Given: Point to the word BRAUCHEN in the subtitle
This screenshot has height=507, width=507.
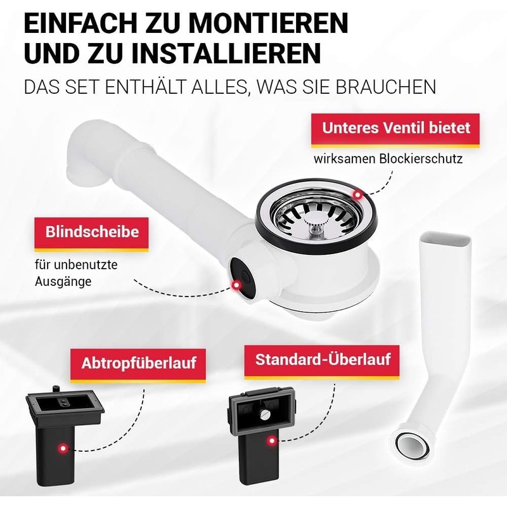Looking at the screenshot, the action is pyautogui.click(x=385, y=87).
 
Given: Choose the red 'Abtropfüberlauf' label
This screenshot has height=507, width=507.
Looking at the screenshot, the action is pyautogui.click(x=138, y=364).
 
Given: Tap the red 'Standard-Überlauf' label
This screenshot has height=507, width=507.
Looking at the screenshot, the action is pyautogui.click(x=322, y=361).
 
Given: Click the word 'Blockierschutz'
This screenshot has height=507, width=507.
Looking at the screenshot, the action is pyautogui.click(x=421, y=159).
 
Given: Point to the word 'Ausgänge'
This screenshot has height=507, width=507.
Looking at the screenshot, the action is pyautogui.click(x=63, y=281).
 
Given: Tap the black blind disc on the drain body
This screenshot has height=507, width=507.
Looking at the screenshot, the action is pyautogui.click(x=243, y=278).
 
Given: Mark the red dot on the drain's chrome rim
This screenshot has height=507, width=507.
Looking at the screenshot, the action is pyautogui.click(x=357, y=195).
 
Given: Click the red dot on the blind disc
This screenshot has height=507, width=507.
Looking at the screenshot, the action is pyautogui.click(x=236, y=286).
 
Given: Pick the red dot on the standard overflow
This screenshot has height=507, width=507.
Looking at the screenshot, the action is pyautogui.click(x=273, y=440).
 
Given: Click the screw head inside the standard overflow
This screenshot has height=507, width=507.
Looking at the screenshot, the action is pyautogui.click(x=264, y=414).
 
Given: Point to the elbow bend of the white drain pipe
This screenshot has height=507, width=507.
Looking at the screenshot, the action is pyautogui.click(x=87, y=152).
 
